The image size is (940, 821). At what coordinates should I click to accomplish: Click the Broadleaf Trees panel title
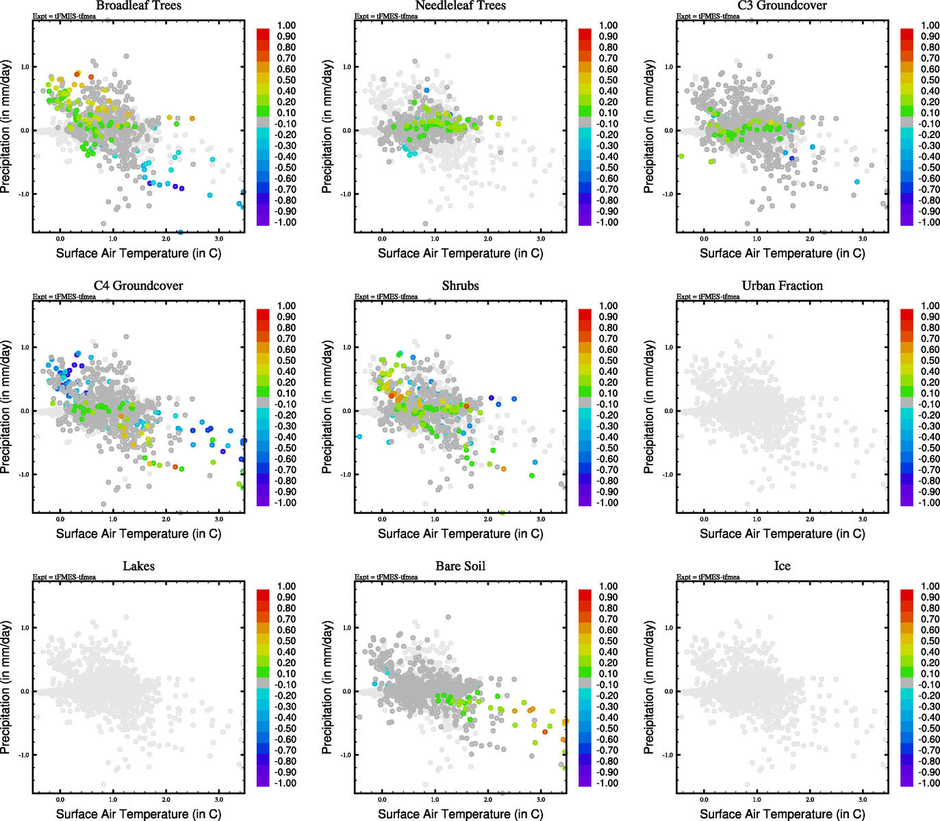[x=138, y=6]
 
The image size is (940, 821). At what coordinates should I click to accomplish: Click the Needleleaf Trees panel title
[x=460, y=6]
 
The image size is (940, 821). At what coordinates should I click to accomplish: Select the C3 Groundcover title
[x=782, y=6]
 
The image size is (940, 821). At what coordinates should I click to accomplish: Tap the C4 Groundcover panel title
[x=138, y=286]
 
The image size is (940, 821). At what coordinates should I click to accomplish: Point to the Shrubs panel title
[x=460, y=286]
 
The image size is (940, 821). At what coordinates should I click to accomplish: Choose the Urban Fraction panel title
[x=782, y=286]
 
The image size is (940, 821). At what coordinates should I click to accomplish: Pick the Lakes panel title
[x=138, y=566]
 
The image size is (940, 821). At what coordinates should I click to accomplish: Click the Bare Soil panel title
[x=460, y=566]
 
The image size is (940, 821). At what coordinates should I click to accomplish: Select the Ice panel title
[x=782, y=566]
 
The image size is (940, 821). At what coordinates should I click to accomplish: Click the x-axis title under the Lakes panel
[x=138, y=814]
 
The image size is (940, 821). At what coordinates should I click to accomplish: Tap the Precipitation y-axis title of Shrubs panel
[x=327, y=407]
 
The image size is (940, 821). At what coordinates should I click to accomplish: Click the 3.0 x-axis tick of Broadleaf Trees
[x=219, y=239]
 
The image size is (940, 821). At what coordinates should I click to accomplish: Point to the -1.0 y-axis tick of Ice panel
[x=668, y=755]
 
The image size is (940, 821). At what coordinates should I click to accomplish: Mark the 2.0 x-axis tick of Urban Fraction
[x=810, y=519]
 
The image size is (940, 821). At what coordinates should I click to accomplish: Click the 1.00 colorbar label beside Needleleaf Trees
[x=608, y=25]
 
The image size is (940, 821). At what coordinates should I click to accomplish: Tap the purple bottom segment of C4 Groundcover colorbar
[x=263, y=500]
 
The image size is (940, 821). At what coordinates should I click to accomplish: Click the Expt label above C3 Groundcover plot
[x=708, y=16]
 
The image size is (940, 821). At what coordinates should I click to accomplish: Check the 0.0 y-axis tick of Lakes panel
[x=25, y=692]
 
